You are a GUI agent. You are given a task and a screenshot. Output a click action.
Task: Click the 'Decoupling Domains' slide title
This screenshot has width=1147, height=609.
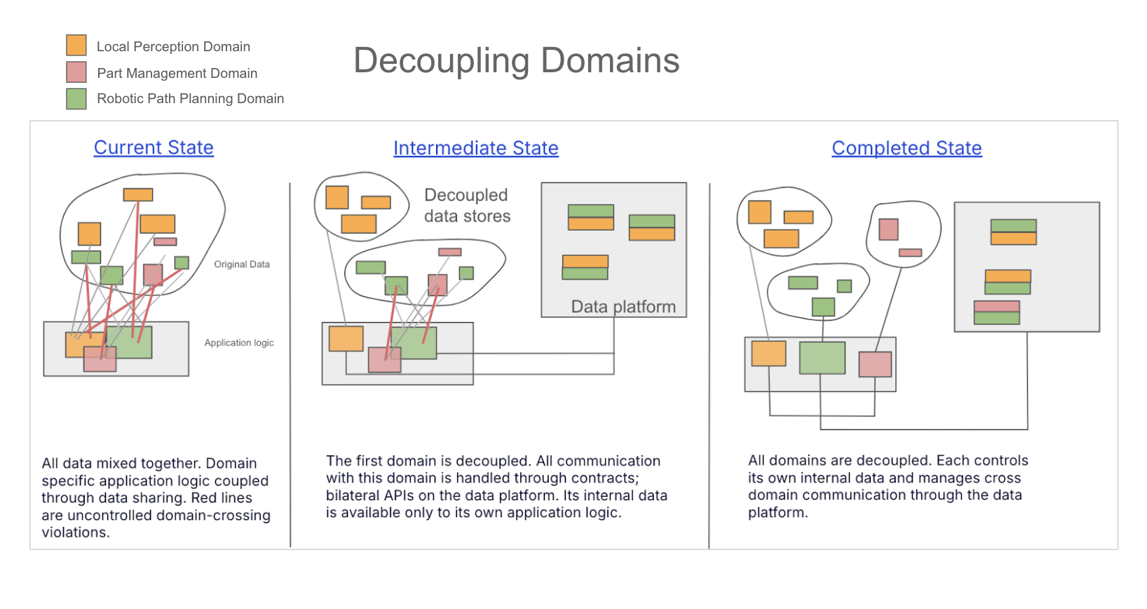coord(516,60)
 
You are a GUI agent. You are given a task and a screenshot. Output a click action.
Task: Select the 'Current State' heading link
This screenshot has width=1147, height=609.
coord(154,147)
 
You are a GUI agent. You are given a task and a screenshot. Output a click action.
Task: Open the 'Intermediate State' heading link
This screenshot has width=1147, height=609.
coord(475,148)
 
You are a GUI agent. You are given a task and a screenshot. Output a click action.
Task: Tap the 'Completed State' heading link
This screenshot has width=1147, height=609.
coord(907,148)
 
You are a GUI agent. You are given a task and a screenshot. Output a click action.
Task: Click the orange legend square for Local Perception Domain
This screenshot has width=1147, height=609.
coord(76,46)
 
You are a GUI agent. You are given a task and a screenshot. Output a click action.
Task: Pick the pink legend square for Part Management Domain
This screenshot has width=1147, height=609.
coord(76,72)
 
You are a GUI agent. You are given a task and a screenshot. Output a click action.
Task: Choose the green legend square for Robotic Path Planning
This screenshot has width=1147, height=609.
coord(76,98)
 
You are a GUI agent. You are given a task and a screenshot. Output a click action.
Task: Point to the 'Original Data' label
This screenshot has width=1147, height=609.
coord(241,265)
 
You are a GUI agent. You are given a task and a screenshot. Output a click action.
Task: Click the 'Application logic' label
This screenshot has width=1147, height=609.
coord(238,342)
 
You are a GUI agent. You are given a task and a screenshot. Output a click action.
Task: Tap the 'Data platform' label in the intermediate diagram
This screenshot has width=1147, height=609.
coord(623,307)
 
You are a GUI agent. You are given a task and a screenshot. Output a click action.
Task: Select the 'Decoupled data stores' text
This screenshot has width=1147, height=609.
coord(467,206)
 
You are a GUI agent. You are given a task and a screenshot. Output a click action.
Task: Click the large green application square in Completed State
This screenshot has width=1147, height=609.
coord(822,358)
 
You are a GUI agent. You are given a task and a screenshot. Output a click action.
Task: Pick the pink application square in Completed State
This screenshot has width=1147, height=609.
coord(875,364)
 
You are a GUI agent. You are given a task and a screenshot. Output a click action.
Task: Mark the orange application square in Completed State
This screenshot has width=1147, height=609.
coord(768,354)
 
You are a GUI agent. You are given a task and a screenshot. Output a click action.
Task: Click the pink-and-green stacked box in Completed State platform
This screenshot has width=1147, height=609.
coord(996,312)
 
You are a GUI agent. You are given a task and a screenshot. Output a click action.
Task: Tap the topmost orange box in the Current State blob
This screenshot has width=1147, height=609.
coord(138,195)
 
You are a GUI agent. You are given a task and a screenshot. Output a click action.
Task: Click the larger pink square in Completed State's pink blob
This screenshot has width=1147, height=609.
coord(888,229)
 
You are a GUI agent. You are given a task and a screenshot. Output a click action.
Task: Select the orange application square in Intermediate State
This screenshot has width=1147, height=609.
coord(346,339)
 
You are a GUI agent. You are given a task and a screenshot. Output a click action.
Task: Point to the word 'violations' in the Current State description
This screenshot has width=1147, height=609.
coord(74,533)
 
